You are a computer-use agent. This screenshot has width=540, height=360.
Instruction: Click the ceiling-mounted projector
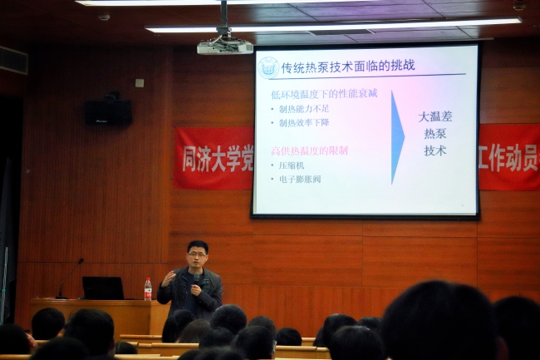(224, 47)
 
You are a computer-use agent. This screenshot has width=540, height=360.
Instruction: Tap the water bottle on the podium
(148, 288)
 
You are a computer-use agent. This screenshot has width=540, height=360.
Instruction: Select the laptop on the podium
(103, 288)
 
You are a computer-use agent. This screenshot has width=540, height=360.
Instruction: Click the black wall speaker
(108, 111)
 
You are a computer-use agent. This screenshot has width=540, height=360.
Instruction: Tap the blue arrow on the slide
(397, 137)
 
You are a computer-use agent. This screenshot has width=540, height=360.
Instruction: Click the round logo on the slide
(268, 67)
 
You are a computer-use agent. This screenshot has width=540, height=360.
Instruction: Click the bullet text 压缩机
(293, 165)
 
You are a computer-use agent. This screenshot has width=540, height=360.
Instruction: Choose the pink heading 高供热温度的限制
(309, 150)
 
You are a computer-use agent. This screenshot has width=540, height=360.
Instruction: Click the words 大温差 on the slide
(435, 116)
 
